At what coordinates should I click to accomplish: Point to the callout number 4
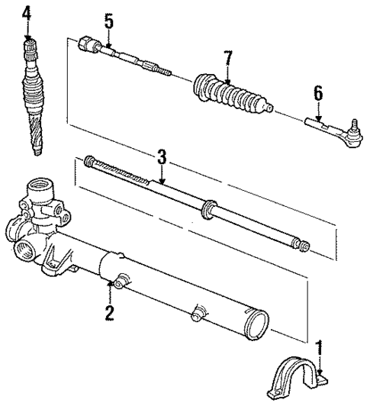(27, 13)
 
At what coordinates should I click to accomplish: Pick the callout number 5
(109, 21)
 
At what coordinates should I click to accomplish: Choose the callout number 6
(317, 93)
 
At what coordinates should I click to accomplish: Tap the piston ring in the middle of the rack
(208, 208)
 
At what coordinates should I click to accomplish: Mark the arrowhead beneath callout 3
(161, 182)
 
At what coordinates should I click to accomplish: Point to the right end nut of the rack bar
(304, 246)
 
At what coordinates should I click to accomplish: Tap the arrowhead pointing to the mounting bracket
(320, 372)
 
